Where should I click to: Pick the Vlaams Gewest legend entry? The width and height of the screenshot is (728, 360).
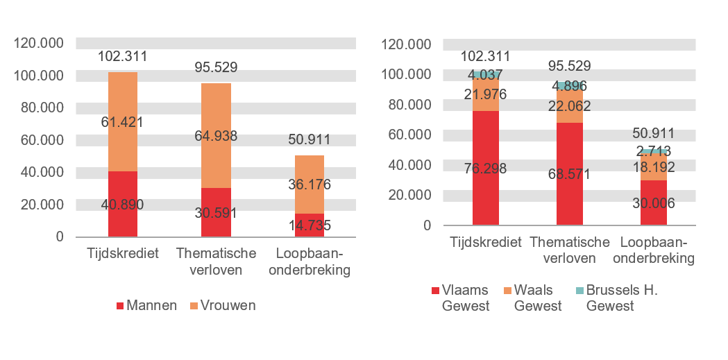pos(464,298)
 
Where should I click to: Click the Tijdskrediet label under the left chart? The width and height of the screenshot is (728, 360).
pos(122,252)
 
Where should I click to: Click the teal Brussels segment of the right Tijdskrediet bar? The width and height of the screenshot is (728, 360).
pos(486,73)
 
